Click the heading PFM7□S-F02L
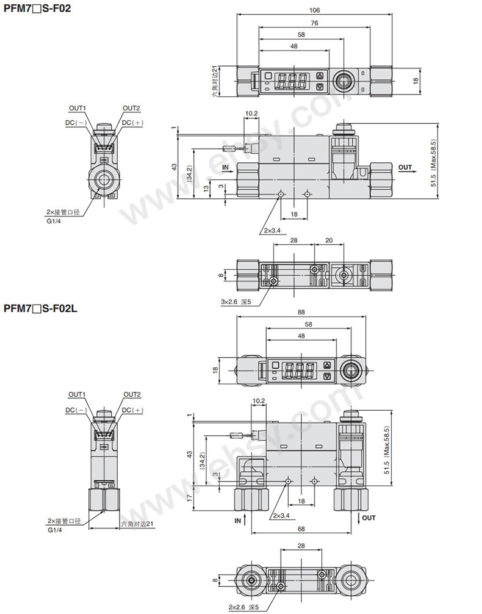(x=41, y=308)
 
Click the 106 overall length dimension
(x=314, y=10)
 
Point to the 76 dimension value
(x=314, y=23)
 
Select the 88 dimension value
(x=301, y=312)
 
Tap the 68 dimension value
(x=301, y=529)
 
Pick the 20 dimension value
(x=329, y=240)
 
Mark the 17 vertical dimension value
(x=190, y=497)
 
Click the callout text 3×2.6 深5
(x=236, y=302)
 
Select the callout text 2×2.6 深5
(x=243, y=607)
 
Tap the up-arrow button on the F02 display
(x=320, y=76)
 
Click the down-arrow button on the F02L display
(x=328, y=377)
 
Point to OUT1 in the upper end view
(x=77, y=108)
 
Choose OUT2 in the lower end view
(x=132, y=394)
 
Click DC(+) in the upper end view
(x=133, y=123)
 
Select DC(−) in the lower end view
(x=76, y=410)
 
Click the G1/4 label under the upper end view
(x=54, y=220)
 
